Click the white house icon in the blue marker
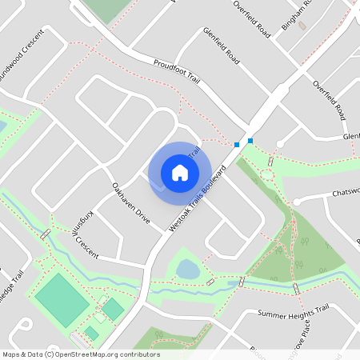pos(180,172)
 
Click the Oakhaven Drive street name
pos(130,203)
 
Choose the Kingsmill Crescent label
pos(86,231)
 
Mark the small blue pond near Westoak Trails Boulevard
pos(187,269)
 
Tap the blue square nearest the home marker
pos(236,145)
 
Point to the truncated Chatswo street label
pos(345,192)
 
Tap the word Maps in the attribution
pos(11,354)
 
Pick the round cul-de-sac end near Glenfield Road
pos(280,144)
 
